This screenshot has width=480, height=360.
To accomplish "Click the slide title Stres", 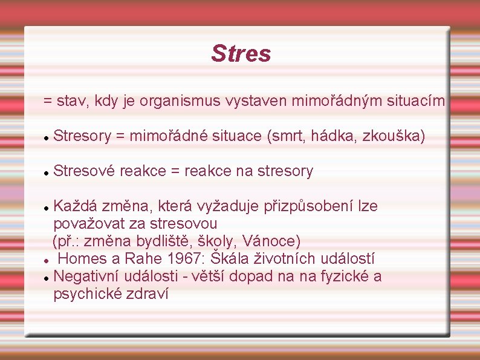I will [x=241, y=53].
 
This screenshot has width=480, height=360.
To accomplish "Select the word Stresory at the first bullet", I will [x=82, y=137].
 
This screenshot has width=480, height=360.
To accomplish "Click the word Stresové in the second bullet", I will [x=84, y=171].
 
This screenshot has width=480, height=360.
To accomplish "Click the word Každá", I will [x=75, y=206].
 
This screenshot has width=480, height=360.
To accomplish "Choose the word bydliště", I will [x=165, y=241].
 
